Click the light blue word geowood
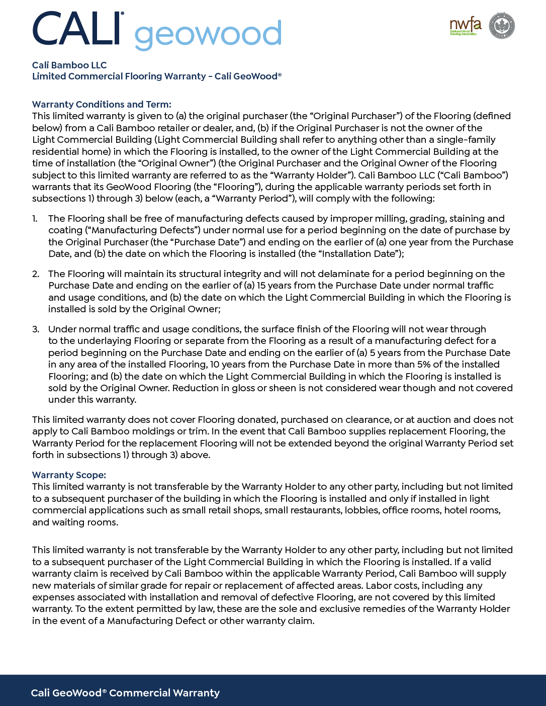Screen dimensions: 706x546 pyautogui.click(x=208, y=34)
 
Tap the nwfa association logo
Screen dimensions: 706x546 pyautogui.click(x=465, y=26)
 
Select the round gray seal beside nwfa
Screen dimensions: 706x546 pyautogui.click(x=502, y=26)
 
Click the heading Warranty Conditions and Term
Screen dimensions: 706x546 pyautogui.click(x=102, y=105)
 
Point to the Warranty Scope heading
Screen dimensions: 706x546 pyautogui.click(x=69, y=475)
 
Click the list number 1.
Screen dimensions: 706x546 pyautogui.click(x=35, y=219)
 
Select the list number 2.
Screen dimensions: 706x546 pyautogui.click(x=35, y=274)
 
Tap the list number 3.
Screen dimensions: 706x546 pyautogui.click(x=35, y=329)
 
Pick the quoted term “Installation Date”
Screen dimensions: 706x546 pyautogui.click(x=359, y=254)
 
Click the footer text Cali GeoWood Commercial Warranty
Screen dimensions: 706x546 pyautogui.click(x=125, y=693)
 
